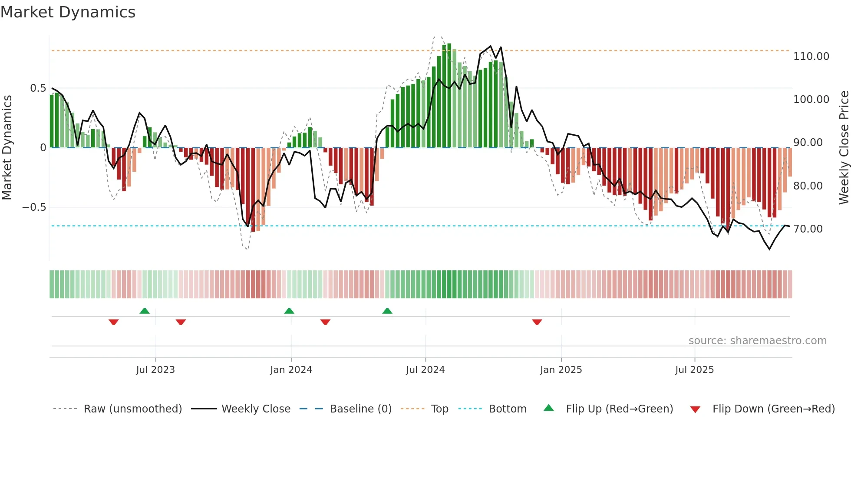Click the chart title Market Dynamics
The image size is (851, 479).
pos(68,12)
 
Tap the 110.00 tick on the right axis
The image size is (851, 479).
pos(811,57)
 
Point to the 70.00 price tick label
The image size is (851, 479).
pos(808,229)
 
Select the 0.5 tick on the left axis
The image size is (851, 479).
pos(38,88)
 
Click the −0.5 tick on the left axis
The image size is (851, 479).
pos(34,207)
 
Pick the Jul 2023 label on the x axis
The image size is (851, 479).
pos(155,370)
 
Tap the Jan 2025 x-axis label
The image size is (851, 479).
pos(561,370)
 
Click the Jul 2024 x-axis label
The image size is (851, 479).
pos(425,370)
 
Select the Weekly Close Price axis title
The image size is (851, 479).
pos(844,147)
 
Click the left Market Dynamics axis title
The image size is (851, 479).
pos(7,147)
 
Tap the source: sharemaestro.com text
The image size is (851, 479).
pos(757,341)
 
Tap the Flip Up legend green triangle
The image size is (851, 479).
pos(549,408)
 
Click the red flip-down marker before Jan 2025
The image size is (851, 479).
pos(537,322)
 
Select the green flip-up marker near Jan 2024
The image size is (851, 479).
pos(289,311)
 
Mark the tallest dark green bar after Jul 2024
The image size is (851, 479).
pos(449,96)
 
